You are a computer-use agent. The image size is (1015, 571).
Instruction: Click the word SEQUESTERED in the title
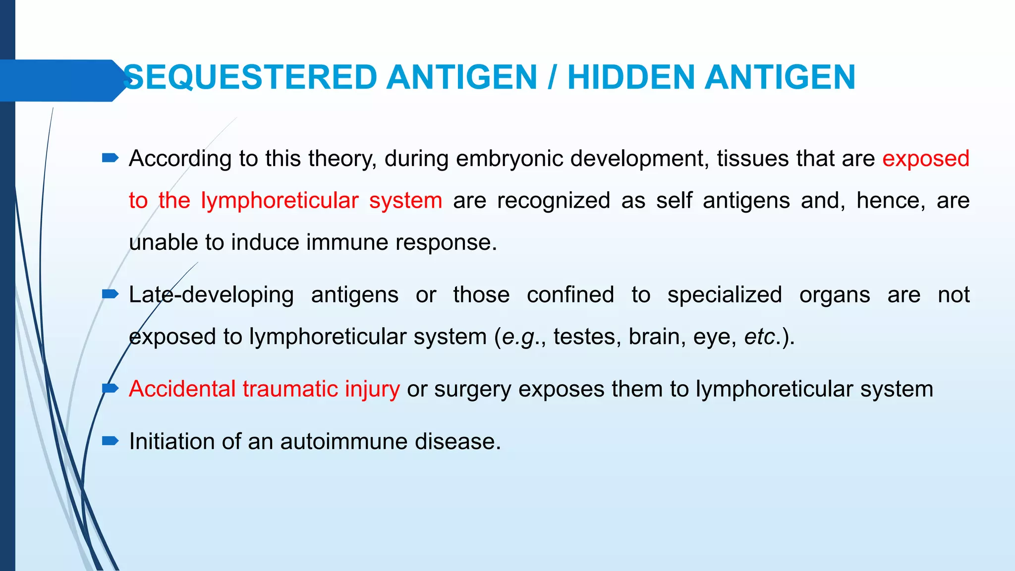(250, 78)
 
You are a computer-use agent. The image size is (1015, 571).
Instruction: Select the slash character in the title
(552, 78)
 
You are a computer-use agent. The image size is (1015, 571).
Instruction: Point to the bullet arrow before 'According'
(110, 158)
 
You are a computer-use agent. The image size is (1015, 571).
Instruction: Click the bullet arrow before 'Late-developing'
(110, 294)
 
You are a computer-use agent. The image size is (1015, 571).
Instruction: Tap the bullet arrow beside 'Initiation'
(110, 441)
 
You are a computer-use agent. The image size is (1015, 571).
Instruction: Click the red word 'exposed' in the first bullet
(925, 159)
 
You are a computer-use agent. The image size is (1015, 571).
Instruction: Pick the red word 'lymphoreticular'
(280, 201)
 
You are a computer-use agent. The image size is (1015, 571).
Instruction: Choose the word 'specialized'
(725, 295)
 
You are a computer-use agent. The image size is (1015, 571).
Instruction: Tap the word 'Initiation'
(171, 442)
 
